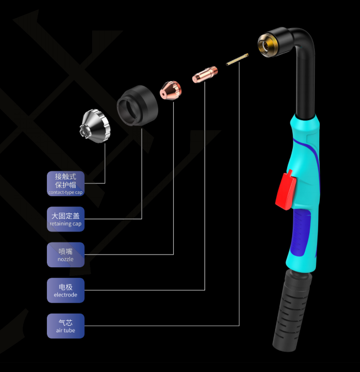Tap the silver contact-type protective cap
(95, 126)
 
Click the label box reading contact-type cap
(66, 184)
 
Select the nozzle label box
(66, 255)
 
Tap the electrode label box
(66, 290)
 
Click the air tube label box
(66, 326)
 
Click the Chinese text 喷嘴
(66, 251)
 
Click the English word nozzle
(66, 259)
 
